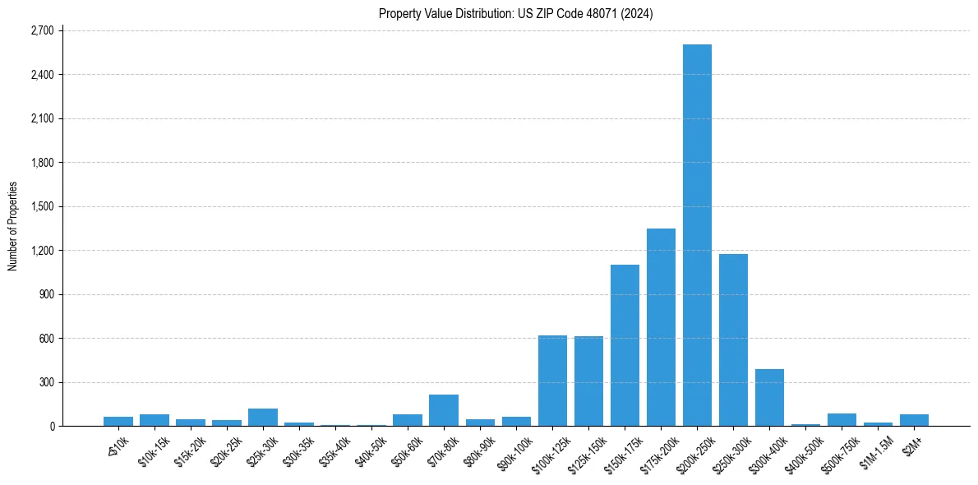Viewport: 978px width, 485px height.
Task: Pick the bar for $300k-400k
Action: coord(769,398)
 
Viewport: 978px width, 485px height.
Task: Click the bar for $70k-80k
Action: coord(444,410)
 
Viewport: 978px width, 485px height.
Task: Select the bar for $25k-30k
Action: coord(263,418)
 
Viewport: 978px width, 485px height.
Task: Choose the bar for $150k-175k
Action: coord(625,345)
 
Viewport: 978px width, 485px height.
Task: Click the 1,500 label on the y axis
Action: coord(41,206)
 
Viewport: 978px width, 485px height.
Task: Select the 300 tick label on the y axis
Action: coord(45,382)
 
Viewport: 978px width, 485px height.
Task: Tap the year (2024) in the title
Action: coord(636,13)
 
